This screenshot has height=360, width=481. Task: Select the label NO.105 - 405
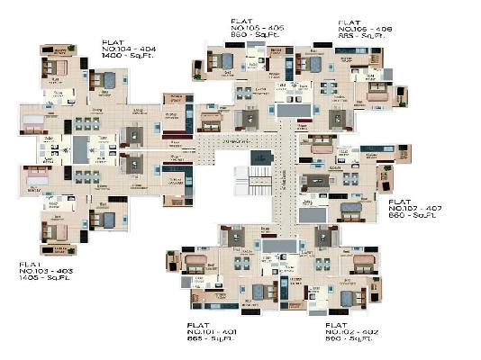tap(259, 27)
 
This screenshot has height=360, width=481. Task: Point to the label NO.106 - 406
tap(364, 29)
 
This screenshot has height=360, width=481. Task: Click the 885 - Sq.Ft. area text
tap(364, 37)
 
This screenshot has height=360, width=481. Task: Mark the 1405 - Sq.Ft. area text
tap(44, 277)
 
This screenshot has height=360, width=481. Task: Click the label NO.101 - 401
tap(213, 331)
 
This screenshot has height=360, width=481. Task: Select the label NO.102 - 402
tap(350, 332)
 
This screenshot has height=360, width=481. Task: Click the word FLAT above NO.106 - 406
tap(349, 21)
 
